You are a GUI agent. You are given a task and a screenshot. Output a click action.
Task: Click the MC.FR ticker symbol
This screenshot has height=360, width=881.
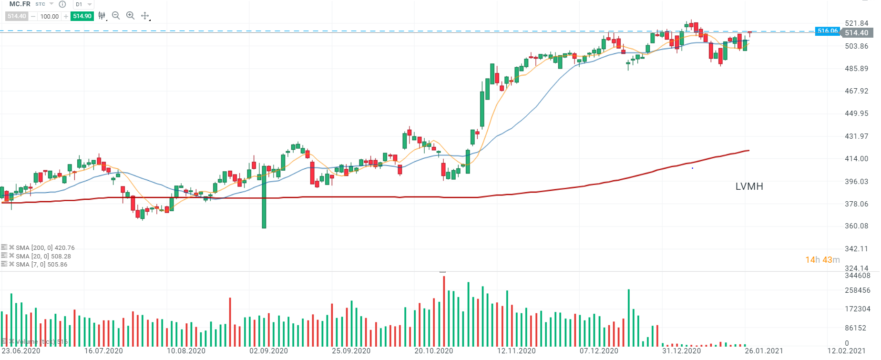(20, 4)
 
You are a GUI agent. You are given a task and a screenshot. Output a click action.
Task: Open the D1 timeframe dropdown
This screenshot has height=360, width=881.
(83, 4)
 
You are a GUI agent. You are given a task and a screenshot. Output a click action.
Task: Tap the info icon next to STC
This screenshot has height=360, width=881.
(62, 4)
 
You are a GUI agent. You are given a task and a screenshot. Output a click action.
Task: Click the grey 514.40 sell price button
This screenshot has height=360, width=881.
(17, 16)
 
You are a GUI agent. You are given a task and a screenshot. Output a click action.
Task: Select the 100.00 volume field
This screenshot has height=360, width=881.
(50, 16)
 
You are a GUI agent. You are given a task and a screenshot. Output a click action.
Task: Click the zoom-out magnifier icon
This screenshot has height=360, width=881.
(116, 16)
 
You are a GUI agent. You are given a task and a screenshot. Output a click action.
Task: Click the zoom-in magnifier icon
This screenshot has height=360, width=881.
(130, 16)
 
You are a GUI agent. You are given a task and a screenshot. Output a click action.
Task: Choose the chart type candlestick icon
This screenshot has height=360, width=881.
(102, 16)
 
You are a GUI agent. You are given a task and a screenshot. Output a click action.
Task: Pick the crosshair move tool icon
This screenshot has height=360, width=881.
(145, 16)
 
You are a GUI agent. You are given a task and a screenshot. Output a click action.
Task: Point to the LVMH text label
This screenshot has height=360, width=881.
(749, 186)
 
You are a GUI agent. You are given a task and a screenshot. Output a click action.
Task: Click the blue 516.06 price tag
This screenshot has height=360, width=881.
(827, 31)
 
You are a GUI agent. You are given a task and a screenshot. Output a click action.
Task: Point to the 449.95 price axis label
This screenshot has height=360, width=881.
(856, 113)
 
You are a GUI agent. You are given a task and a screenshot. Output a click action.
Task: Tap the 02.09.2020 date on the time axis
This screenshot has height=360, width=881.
(268, 351)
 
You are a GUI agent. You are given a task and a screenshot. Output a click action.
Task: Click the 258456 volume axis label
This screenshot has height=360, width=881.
(857, 290)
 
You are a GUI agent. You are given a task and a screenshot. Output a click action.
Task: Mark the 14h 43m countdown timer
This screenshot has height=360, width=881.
(822, 260)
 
